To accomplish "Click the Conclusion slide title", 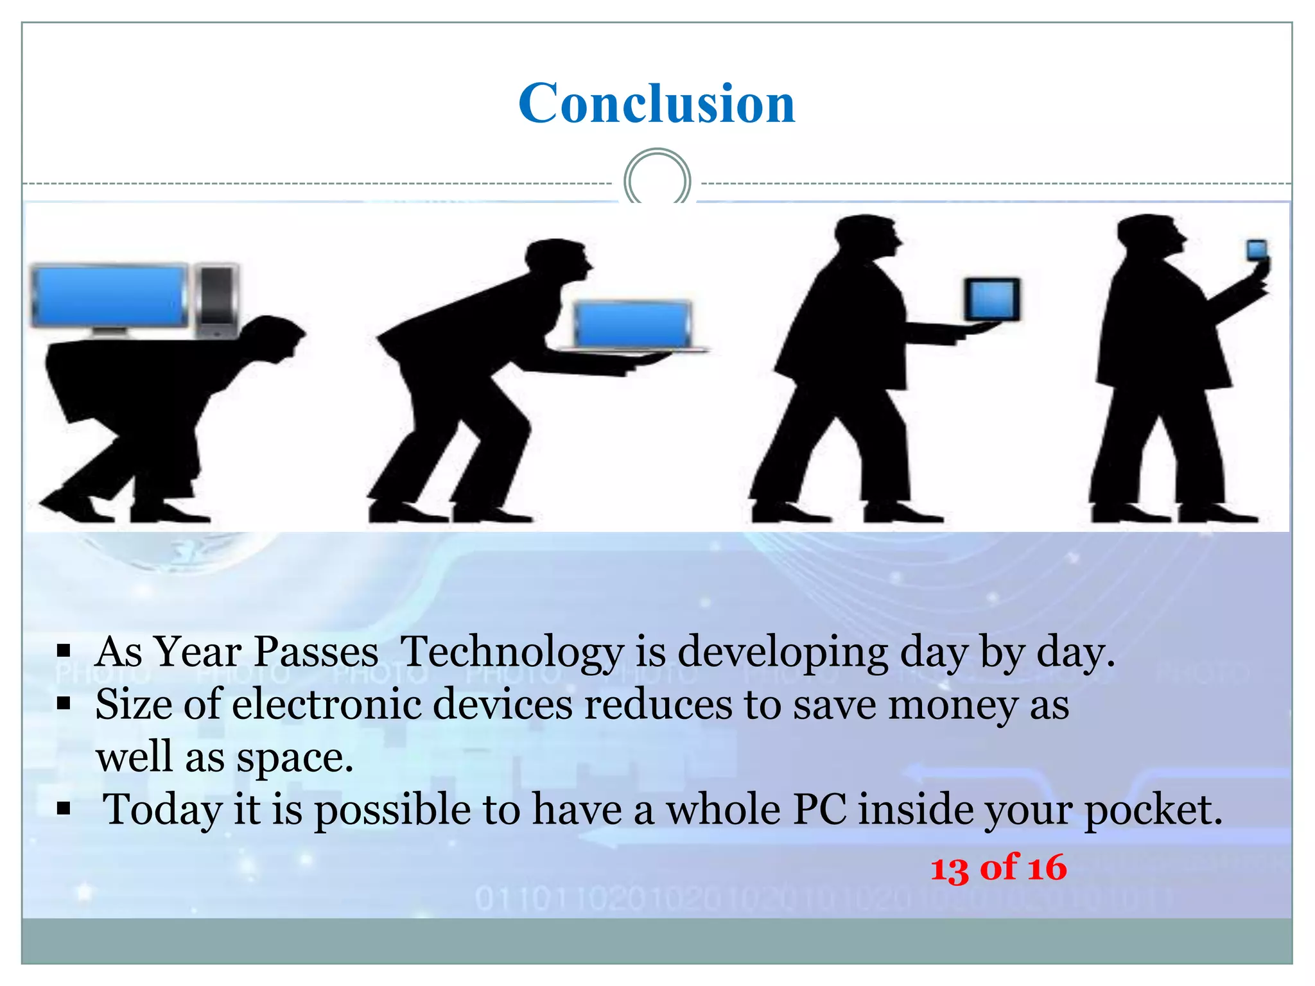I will [656, 103].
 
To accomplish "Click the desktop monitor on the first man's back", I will [109, 297].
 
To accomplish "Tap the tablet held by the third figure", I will [992, 299].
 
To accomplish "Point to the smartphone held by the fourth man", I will [1257, 250].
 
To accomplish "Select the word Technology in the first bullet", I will [511, 652].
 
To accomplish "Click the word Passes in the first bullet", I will [316, 652].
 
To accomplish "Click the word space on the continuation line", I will [295, 757].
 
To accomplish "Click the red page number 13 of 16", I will [998, 867].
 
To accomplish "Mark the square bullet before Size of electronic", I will [64, 704].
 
